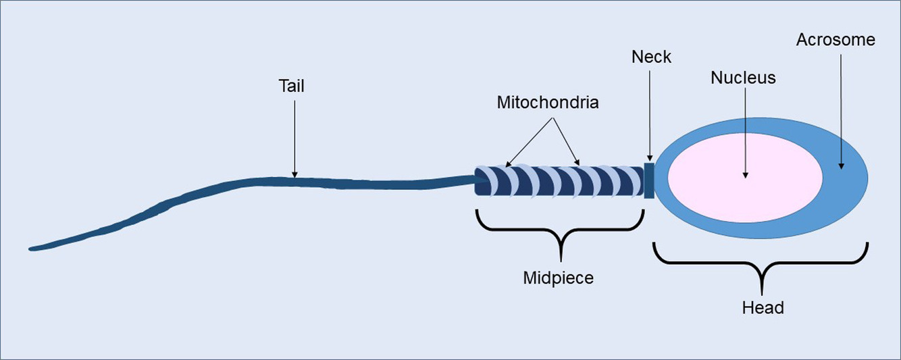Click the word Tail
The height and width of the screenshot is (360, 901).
[x=291, y=86]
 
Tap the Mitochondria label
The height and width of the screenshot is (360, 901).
[x=548, y=103]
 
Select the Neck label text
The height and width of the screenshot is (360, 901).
[x=651, y=57]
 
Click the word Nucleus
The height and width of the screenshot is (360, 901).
[x=743, y=78]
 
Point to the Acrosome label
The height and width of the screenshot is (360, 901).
[x=835, y=40]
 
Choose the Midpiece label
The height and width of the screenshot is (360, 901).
[x=558, y=278]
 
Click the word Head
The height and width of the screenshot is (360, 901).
[x=763, y=308]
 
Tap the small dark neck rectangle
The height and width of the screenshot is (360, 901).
[x=649, y=180]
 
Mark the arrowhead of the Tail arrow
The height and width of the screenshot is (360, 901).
[x=294, y=174]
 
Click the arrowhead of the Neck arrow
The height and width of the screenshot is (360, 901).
[x=649, y=159]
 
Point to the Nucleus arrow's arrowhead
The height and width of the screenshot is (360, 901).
[x=746, y=175]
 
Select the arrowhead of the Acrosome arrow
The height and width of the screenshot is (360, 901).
[x=841, y=166]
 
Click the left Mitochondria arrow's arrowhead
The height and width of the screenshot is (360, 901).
[x=507, y=165]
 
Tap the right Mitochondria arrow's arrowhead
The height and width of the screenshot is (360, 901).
[x=577, y=163]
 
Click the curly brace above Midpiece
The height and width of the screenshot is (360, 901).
[x=561, y=230]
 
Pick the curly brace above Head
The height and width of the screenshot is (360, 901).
[x=761, y=263]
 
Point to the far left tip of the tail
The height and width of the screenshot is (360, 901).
[x=30, y=249]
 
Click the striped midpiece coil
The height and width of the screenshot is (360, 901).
[x=559, y=180]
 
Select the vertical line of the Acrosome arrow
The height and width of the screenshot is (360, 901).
[x=841, y=109]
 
